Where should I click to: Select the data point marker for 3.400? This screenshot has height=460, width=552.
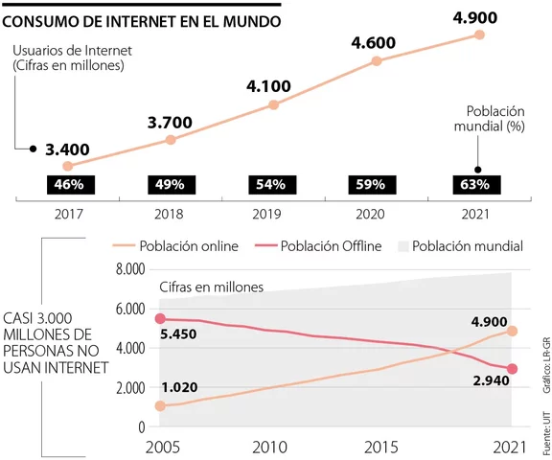[68, 166]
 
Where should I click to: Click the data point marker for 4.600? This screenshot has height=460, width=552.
[377, 60]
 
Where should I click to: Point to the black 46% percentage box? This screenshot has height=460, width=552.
[68, 184]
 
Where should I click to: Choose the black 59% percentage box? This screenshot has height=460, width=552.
[371, 184]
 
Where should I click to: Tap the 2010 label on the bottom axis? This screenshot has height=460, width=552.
[268, 448]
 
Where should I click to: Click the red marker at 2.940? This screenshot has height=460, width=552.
[512, 369]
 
